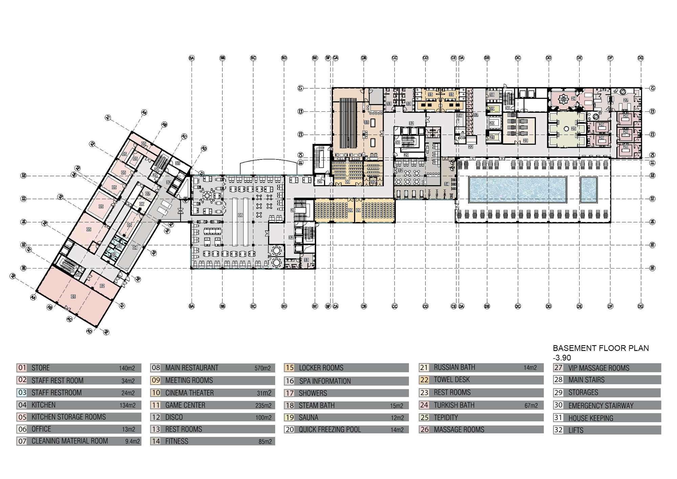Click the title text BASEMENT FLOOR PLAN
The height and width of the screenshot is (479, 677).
tap(600, 348)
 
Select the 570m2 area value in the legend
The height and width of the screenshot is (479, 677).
tap(262, 368)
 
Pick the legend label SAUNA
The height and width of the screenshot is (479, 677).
tap(308, 417)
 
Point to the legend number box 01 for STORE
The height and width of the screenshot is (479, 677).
tap(22, 368)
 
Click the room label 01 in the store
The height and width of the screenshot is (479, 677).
tap(73, 296)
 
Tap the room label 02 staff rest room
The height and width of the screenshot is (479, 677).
tap(102, 286)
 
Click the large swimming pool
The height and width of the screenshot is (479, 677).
tap(517, 190)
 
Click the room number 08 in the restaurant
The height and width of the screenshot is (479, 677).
tap(240, 215)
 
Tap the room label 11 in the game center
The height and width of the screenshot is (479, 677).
tap(367, 122)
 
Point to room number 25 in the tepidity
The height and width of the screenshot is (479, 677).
tap(573, 129)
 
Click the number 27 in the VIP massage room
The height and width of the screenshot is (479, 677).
tap(626, 100)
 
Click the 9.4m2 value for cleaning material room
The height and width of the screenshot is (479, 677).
tap(132, 441)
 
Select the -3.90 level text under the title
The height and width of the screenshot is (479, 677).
tap(562, 358)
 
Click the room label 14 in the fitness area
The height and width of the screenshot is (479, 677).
tap(446, 184)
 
